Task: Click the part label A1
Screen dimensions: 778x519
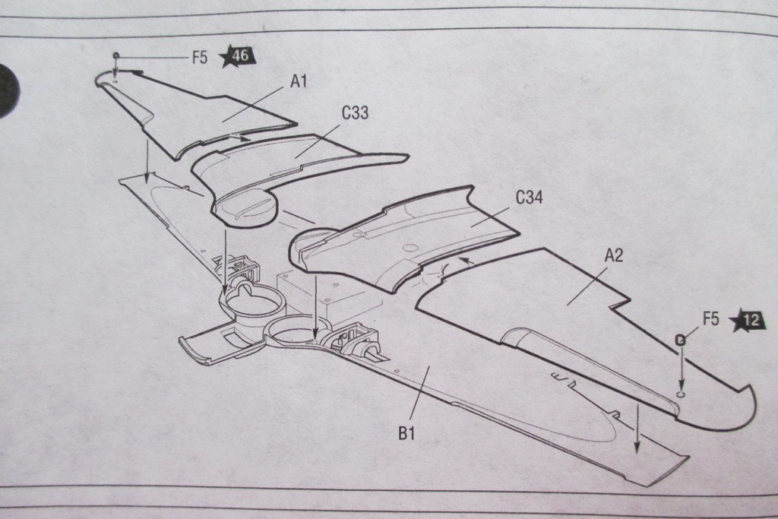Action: pyautogui.click(x=299, y=81)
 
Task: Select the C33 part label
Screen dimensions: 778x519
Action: pyautogui.click(x=355, y=113)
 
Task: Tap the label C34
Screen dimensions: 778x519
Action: pyautogui.click(x=529, y=198)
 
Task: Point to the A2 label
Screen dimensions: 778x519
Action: pyautogui.click(x=614, y=255)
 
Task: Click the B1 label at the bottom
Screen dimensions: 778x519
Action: pyautogui.click(x=406, y=434)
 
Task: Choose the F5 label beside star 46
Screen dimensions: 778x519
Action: pyautogui.click(x=199, y=57)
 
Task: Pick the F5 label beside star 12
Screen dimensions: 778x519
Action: pyautogui.click(x=710, y=319)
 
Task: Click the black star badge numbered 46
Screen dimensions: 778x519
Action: pyautogui.click(x=237, y=55)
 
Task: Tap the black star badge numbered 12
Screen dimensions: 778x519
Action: pyautogui.click(x=748, y=320)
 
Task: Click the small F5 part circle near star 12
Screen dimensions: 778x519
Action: pyautogui.click(x=681, y=340)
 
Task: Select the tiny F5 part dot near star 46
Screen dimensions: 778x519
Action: pyautogui.click(x=115, y=55)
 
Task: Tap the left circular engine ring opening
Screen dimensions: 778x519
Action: pyautogui.click(x=252, y=302)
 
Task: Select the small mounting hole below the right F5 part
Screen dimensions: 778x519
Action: pyautogui.click(x=681, y=394)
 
